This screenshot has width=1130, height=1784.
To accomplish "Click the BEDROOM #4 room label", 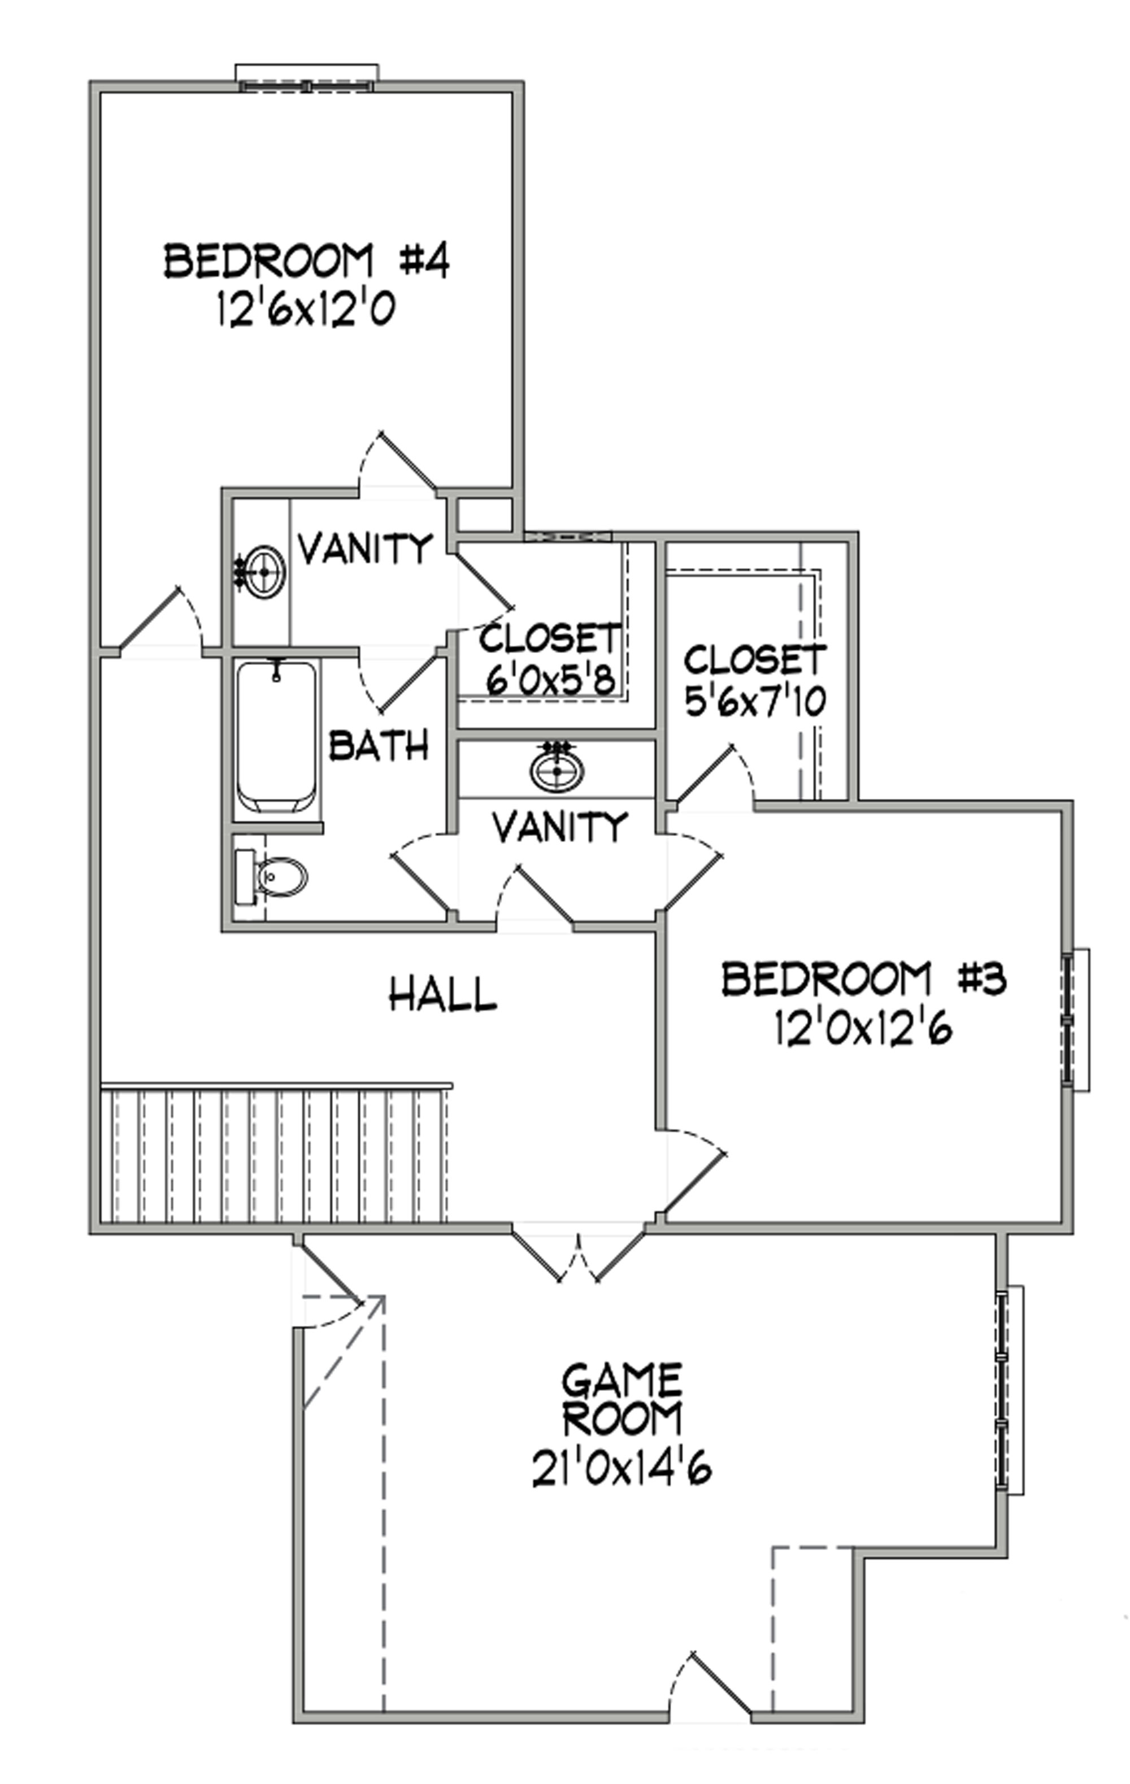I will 306,261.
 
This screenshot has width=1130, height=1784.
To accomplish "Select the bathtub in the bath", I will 276,737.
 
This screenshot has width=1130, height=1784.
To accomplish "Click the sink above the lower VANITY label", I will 557,770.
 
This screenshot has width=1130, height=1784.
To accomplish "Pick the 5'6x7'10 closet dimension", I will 755,702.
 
